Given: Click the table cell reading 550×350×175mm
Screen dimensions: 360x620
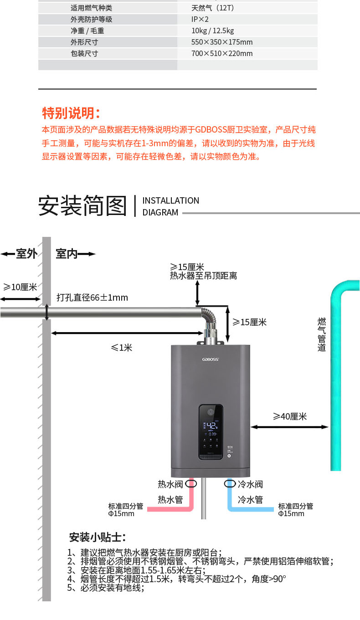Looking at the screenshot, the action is point(222,42).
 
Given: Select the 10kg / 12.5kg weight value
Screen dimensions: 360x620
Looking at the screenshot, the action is point(213,31).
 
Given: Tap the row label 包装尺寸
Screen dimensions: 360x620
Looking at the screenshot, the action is point(84,53).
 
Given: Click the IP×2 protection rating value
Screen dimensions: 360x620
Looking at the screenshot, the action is point(200,20).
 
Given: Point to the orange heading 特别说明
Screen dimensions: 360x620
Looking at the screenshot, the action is point(71,113).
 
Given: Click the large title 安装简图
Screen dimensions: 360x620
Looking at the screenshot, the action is point(82,205).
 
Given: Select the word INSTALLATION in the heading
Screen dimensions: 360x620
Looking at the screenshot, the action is point(170,200).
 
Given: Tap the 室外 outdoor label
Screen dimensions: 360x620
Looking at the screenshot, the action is point(26,254).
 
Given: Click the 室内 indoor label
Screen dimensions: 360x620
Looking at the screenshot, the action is point(67,254).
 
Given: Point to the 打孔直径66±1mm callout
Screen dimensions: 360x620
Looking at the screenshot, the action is point(92,297).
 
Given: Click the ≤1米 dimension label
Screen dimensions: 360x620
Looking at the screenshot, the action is point(122,348).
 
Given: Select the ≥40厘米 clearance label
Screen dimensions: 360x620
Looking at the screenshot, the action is point(290,416).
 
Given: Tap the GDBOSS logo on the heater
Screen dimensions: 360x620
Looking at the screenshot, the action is point(211,359).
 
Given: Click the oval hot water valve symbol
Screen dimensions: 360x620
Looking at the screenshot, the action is point(191,483).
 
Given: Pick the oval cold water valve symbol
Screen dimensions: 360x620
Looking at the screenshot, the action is point(230,483).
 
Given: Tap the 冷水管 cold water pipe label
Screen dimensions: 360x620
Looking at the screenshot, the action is point(250,500).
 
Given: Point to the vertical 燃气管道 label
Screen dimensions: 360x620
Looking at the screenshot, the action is point(322,334).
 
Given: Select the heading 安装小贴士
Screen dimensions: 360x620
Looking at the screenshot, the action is point(98,537).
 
